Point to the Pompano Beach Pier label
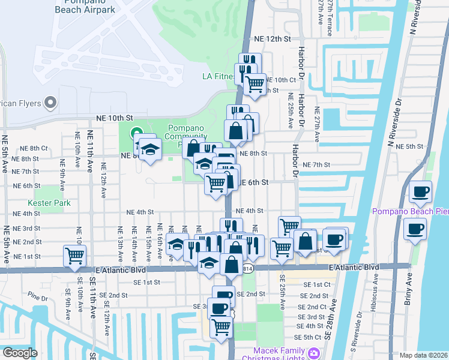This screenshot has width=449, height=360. (410, 211)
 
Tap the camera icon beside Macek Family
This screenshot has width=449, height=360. (314, 353)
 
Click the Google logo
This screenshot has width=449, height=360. (19, 353)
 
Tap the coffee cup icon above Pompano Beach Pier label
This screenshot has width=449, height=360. (420, 192)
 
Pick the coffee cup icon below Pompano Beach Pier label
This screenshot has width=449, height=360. (415, 229)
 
